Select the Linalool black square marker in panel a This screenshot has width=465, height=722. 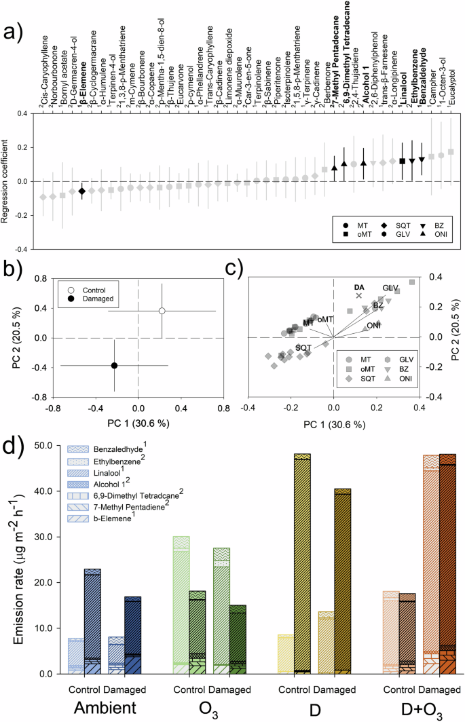coord(403,161)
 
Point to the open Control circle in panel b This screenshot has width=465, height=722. coord(162,311)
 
